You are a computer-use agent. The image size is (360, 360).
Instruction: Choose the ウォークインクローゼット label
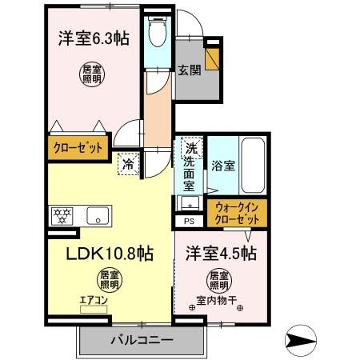pos(238,214)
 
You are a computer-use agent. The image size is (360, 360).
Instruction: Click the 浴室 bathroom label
pos(222,166)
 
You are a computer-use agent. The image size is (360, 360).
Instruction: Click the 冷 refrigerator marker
pos(128,164)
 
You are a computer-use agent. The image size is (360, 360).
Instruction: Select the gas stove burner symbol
pos(62,214)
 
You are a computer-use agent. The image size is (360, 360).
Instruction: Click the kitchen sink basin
pos(98,214)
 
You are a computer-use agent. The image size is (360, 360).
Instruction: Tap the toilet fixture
pos(157,34)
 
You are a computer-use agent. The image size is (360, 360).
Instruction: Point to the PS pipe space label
pos(189,221)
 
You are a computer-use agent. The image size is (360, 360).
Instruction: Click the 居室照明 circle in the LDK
pos(110,280)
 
